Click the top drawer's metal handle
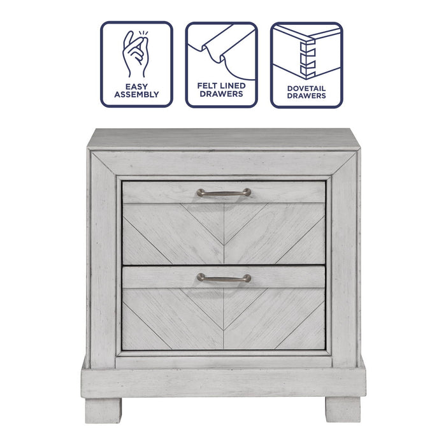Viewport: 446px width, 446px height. pos(223,192)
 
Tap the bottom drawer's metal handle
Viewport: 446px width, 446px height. pos(223,278)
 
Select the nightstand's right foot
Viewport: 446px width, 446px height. pos(343,408)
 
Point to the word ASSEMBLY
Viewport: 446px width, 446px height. pos(136,94)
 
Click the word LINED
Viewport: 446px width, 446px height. pos(233,85)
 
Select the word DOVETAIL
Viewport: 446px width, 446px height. pos(306,87)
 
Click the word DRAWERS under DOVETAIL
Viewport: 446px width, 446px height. pos(306,96)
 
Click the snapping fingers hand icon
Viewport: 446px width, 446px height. pos(136,52)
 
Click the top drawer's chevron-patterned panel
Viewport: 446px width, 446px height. pos(223,233)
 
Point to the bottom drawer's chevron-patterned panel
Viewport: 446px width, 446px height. pos(223,319)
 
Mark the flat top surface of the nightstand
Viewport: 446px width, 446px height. pos(223,138)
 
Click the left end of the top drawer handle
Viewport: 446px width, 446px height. pos(200,192)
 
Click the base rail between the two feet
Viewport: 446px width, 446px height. pos(223,382)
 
